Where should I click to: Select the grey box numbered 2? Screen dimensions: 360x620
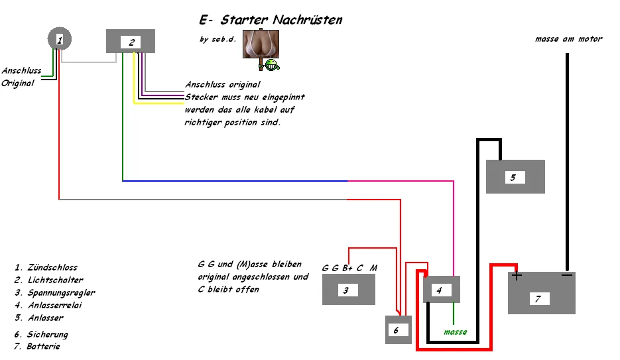point(131,41)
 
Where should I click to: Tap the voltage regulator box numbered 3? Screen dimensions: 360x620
point(349,290)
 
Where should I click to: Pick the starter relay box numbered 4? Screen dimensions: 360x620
point(441,290)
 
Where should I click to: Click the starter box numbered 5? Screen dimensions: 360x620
point(515,176)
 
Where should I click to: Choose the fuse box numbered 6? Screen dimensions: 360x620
point(399,330)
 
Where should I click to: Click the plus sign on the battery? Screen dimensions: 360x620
point(517,276)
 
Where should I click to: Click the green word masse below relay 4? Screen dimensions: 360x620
point(456,331)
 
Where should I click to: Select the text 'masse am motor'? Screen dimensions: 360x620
point(568,39)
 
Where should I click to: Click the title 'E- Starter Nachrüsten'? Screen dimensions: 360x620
point(271,20)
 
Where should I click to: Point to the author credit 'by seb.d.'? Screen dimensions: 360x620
point(218,39)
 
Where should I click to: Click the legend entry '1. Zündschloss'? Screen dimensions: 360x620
point(46,268)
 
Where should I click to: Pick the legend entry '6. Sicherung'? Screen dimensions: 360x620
point(41,335)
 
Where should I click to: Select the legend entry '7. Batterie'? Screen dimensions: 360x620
point(38,347)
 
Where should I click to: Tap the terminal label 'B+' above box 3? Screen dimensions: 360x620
point(347,268)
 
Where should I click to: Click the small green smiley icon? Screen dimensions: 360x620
point(272,64)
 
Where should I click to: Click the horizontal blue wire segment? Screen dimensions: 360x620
point(235,180)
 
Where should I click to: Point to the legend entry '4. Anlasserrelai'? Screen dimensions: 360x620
point(48,306)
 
